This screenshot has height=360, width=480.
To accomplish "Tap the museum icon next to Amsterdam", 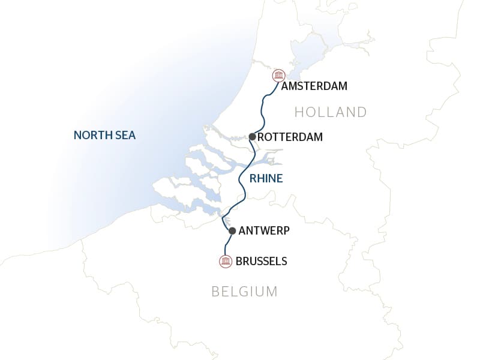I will click(278, 76).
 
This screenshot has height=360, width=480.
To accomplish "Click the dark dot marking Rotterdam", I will click(253, 137).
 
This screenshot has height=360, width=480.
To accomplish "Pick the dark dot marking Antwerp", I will click(232, 230).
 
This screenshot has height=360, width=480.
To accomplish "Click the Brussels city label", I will click(262, 262).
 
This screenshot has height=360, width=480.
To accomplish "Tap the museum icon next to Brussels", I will click(226, 261).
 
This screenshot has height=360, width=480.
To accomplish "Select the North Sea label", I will click(104, 136).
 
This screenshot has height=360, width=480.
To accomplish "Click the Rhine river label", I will click(266, 178).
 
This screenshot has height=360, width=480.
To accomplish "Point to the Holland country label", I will click(331, 112).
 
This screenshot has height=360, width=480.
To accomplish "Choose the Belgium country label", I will click(244, 292).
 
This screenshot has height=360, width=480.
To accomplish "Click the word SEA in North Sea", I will click(125, 136).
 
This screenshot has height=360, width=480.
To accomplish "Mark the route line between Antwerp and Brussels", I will click(227, 245).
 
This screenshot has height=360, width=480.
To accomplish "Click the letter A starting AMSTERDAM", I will click(285, 86).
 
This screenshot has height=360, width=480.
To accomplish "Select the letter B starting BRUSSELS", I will click(239, 262).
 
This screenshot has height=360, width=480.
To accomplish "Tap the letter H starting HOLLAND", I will click(299, 112).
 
